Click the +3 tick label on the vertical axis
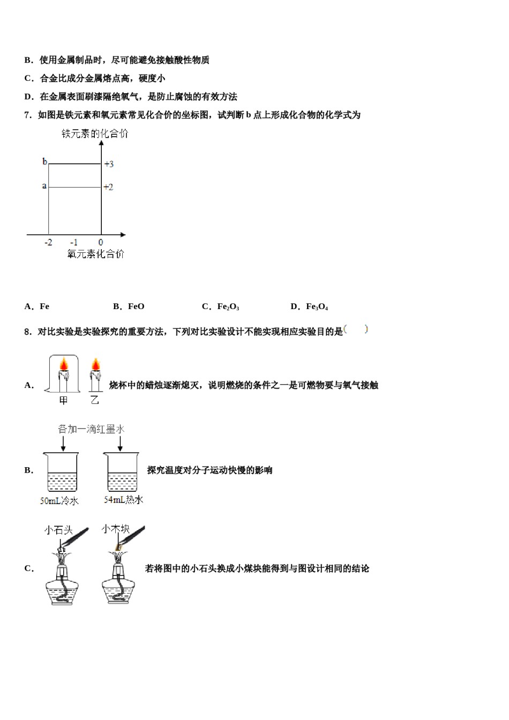pos(109,164)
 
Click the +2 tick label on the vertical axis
pos(108,187)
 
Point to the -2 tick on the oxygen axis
pos(48,242)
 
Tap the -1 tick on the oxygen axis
pos(73,242)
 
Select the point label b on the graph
pos(44,161)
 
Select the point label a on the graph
pos(44,186)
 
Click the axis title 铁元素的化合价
pos(95,134)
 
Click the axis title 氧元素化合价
pos(95,254)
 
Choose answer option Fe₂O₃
pos(228,306)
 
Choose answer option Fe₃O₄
pos(317,306)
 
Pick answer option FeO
pos(136,306)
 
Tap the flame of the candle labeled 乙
pos(95,364)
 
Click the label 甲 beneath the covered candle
pos(63,401)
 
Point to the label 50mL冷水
pos(59,501)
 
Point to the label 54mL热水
pos(123,500)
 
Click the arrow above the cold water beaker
pos(63,444)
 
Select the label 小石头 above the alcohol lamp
pos(58,530)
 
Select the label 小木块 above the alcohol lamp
pos(115,529)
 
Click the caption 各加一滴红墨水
pos(91,429)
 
